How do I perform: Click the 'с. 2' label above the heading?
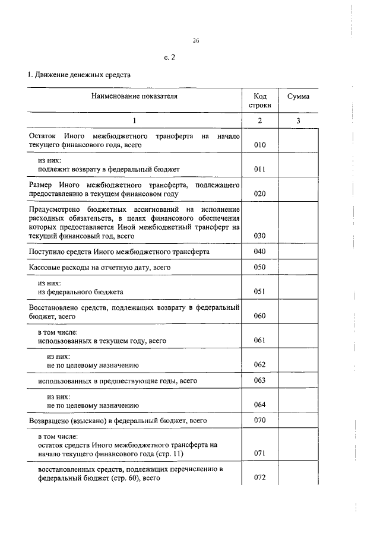tap(170, 58)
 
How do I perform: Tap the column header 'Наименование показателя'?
tap(134, 95)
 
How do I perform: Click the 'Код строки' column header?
tap(259, 100)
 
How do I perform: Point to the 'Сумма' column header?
tap(298, 96)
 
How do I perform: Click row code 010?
tap(259, 145)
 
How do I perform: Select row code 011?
tap(259, 169)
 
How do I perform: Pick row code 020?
tap(259, 193)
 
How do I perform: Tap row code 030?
tap(259, 236)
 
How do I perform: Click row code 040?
tap(259, 252)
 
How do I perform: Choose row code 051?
tap(259, 291)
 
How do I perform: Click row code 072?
tap(259, 478)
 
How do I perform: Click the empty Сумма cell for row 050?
tap(298, 268)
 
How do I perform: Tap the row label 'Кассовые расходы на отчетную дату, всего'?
tap(100, 268)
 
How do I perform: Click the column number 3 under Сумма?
tap(298, 120)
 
